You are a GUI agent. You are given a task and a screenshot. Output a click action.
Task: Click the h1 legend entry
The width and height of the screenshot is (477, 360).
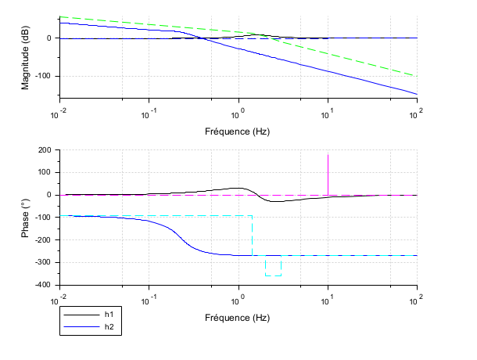point(108,314)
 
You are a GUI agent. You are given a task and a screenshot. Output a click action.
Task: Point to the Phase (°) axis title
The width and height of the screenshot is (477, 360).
point(26,218)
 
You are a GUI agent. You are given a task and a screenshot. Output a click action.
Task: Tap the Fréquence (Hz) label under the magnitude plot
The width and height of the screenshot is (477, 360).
point(238,131)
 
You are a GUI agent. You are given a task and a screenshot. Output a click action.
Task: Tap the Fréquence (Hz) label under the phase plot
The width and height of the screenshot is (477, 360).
point(238,318)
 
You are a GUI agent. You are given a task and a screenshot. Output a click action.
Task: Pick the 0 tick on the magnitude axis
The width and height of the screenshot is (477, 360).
point(48,38)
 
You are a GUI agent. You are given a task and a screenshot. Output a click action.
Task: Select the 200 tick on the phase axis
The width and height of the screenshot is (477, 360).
point(44,150)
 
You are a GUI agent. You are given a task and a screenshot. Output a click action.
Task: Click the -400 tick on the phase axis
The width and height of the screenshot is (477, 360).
point(42,285)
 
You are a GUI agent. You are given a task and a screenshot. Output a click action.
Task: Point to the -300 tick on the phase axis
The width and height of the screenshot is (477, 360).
point(42,262)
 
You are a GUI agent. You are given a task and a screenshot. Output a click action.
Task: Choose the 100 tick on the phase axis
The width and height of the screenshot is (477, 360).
point(44,173)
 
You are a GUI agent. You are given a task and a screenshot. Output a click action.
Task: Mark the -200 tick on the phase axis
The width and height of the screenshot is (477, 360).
point(42,240)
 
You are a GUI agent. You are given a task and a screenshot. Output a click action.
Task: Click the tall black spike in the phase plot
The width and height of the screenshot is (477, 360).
point(328,168)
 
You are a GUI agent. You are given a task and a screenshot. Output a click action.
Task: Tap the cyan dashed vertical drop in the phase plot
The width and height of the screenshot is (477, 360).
point(252,235)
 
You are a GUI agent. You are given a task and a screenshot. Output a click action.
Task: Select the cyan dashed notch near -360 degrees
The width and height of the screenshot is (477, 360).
point(273,275)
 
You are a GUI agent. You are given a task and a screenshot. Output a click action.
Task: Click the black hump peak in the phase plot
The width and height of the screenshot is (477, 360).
point(237,188)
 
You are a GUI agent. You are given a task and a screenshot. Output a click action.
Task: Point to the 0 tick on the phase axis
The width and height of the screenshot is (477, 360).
point(48,195)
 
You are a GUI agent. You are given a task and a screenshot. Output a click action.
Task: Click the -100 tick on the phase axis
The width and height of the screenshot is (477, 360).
point(42,218)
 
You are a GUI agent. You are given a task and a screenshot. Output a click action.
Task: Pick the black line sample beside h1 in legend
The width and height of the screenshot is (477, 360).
point(79,314)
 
